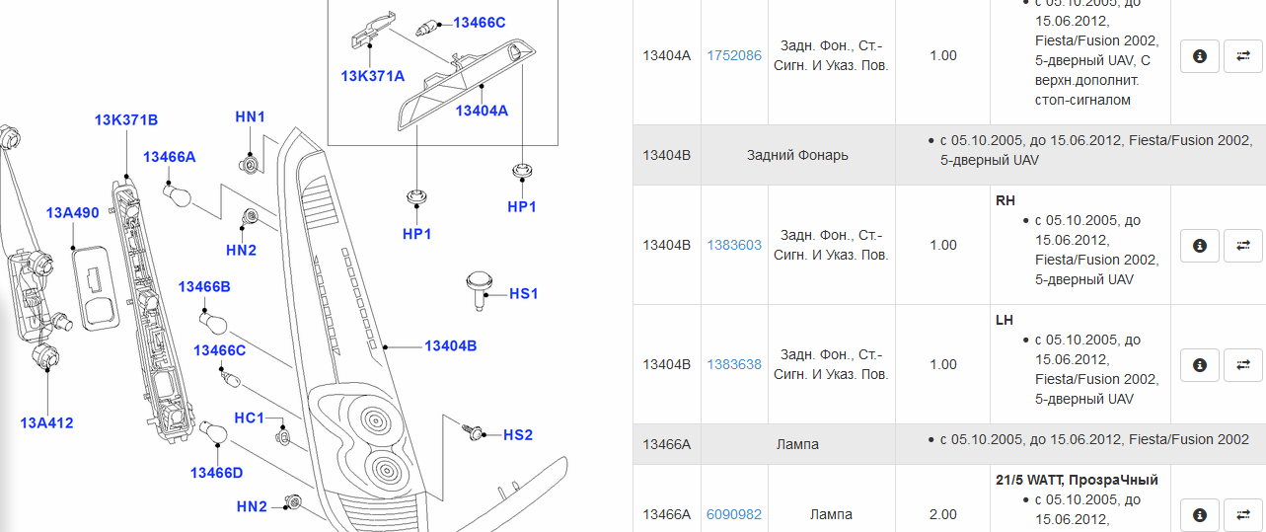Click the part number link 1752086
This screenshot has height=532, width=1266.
pyautogui.click(x=734, y=55)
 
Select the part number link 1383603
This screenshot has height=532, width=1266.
pyautogui.click(x=734, y=245)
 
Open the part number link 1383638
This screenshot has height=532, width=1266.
pyautogui.click(x=734, y=364)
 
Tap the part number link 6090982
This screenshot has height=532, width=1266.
pyautogui.click(x=734, y=514)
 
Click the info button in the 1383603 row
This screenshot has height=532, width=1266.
pyautogui.click(x=1200, y=246)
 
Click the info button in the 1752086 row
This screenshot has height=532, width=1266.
pyautogui.click(x=1200, y=56)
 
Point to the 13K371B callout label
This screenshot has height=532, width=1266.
pyautogui.click(x=126, y=120)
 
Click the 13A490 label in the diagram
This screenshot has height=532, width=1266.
pyautogui.click(x=72, y=213)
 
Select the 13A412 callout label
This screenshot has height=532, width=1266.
pyautogui.click(x=46, y=423)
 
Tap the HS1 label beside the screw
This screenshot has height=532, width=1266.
pyautogui.click(x=524, y=294)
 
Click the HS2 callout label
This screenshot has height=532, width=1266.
pyautogui.click(x=518, y=435)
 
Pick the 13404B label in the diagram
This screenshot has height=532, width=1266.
pyautogui.click(x=451, y=346)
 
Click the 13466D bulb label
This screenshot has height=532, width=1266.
pyautogui.click(x=216, y=473)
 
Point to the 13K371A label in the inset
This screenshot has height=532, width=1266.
pyautogui.click(x=373, y=76)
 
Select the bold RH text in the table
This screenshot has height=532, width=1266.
pyautogui.click(x=1005, y=200)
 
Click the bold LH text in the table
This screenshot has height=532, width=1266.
pyautogui.click(x=1005, y=320)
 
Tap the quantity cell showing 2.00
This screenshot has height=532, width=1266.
pyautogui.click(x=942, y=514)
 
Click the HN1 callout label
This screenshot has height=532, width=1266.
pyautogui.click(x=250, y=117)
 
